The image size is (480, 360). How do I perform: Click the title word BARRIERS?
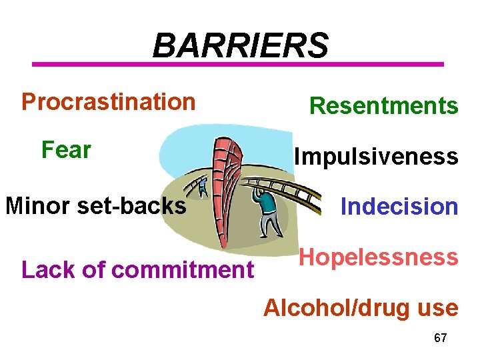[240, 46]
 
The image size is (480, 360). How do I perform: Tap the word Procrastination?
[108, 102]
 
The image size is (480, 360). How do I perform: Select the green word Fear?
[66, 150]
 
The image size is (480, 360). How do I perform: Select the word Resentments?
[384, 105]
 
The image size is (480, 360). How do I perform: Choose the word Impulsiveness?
[376, 157]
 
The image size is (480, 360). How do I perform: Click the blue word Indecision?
[399, 207]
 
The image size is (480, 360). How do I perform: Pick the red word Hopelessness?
[378, 257]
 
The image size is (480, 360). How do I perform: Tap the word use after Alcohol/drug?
[436, 308]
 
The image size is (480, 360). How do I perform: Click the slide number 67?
[440, 338]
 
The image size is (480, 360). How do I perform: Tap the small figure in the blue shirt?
[203, 187]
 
